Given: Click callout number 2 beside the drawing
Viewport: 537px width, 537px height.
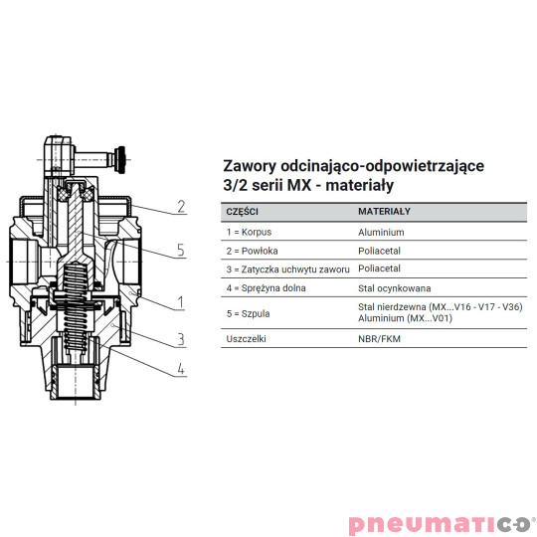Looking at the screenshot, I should pyautogui.click(x=181, y=207).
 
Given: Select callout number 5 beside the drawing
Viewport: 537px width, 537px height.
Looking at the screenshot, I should pyautogui.click(x=181, y=251).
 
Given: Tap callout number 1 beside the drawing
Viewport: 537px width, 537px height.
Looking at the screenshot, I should pyautogui.click(x=181, y=300).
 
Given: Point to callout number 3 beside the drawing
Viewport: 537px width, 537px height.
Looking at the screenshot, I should pyautogui.click(x=181, y=339).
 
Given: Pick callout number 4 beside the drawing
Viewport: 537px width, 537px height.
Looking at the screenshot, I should pyautogui.click(x=181, y=372).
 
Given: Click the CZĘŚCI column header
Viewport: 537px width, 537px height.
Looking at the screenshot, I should pyautogui.click(x=244, y=212).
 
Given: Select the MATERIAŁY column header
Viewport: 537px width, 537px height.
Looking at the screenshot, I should pyautogui.click(x=384, y=212).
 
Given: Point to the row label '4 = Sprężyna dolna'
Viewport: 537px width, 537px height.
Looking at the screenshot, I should pyautogui.click(x=267, y=287).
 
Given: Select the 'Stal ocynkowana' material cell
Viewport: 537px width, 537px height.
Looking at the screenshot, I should pyautogui.click(x=395, y=287).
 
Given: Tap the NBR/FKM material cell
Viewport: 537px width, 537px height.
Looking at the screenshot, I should pyautogui.click(x=381, y=339).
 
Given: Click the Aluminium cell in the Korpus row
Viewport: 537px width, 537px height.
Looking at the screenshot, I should pyautogui.click(x=381, y=232).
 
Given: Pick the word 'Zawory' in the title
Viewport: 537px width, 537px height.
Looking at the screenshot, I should pyautogui.click(x=251, y=166).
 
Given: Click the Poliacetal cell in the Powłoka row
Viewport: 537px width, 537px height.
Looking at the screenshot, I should pyautogui.click(x=380, y=251).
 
